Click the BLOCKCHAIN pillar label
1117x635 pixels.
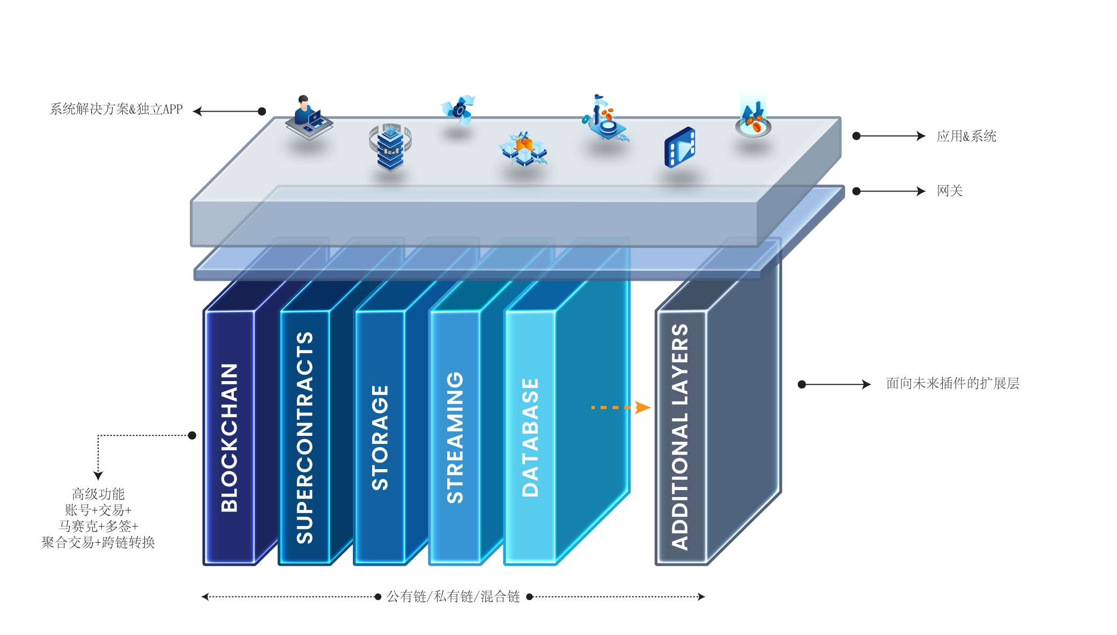tap(230, 437)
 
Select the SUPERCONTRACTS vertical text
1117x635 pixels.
tap(305, 437)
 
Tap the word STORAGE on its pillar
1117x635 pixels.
tap(380, 437)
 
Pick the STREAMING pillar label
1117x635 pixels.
tap(455, 437)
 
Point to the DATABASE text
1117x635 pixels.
tap(530, 437)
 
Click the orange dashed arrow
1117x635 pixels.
tap(620, 407)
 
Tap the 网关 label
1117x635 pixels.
tap(949, 191)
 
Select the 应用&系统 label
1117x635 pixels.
tap(966, 136)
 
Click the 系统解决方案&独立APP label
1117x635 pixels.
tap(116, 110)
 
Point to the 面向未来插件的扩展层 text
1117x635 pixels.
tap(952, 384)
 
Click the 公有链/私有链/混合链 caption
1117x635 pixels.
tap(453, 596)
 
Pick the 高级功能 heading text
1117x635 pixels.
tap(98, 494)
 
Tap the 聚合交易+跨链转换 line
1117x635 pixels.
tap(98, 543)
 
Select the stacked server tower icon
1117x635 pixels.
tap(390, 147)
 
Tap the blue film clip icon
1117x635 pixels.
tap(680, 147)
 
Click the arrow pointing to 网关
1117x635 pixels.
tap(890, 191)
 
